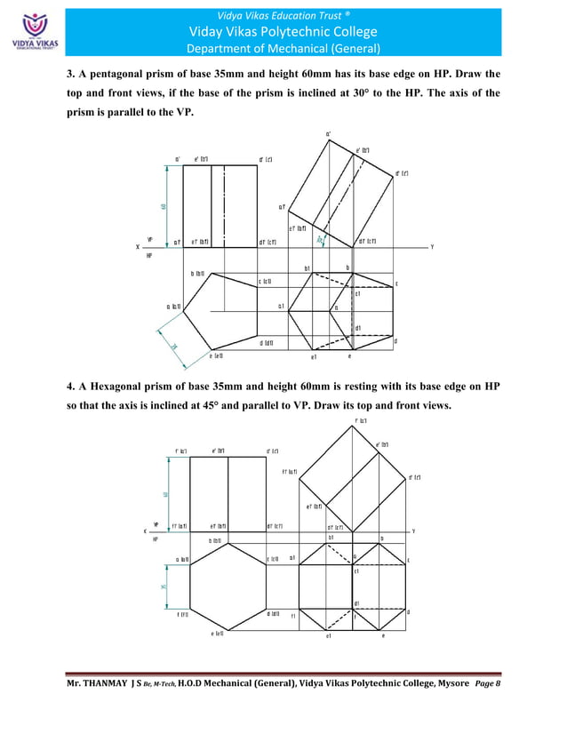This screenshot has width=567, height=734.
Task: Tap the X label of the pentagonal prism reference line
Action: click(x=138, y=247)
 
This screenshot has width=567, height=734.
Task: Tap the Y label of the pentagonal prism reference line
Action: click(x=431, y=247)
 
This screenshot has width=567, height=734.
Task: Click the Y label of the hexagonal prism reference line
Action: click(x=414, y=531)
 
